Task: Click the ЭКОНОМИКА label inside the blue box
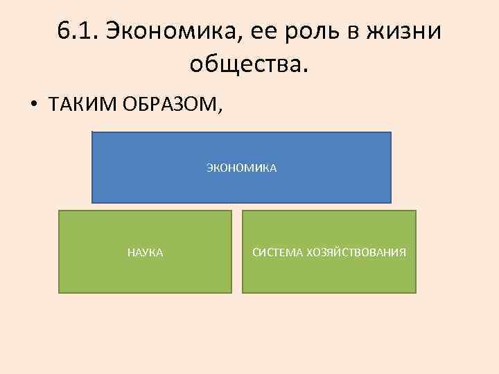coord(241,168)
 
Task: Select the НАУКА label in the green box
coord(146,253)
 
